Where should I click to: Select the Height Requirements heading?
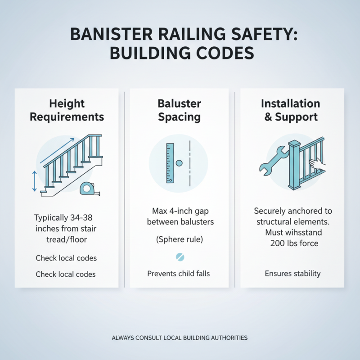67,110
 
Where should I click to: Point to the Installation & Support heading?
291,110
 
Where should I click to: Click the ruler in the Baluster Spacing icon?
170,163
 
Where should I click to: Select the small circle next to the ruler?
179,163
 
